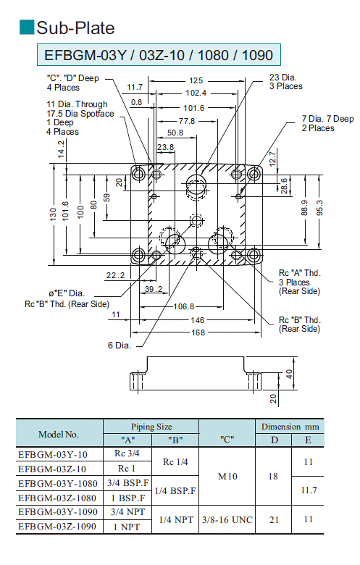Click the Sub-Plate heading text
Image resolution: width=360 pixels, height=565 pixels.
(75, 28)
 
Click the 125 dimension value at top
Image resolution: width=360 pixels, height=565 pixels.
(196, 80)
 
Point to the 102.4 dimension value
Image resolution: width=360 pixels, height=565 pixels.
(196, 93)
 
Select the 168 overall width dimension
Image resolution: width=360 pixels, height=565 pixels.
(198, 332)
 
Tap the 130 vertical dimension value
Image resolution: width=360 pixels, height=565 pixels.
(54, 214)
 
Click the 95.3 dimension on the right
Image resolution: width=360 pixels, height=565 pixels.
(319, 208)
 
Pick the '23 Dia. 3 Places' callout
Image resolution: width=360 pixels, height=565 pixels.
(286, 82)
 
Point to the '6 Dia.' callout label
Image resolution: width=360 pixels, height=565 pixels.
(120, 346)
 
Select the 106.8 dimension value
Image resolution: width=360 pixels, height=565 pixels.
(184, 306)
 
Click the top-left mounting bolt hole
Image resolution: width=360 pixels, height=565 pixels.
(138, 174)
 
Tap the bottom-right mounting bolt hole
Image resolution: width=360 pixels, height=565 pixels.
(254, 255)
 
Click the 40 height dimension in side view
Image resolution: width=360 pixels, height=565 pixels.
(289, 374)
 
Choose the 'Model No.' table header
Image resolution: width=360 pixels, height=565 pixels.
(59, 435)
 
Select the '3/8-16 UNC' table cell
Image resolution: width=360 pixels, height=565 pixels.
(227, 520)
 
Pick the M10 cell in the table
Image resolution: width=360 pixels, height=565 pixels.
(227, 477)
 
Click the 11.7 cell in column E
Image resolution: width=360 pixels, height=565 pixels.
(309, 490)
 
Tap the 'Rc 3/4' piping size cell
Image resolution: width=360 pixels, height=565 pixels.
(127, 453)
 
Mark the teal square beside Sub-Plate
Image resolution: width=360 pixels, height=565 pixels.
(27, 28)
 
